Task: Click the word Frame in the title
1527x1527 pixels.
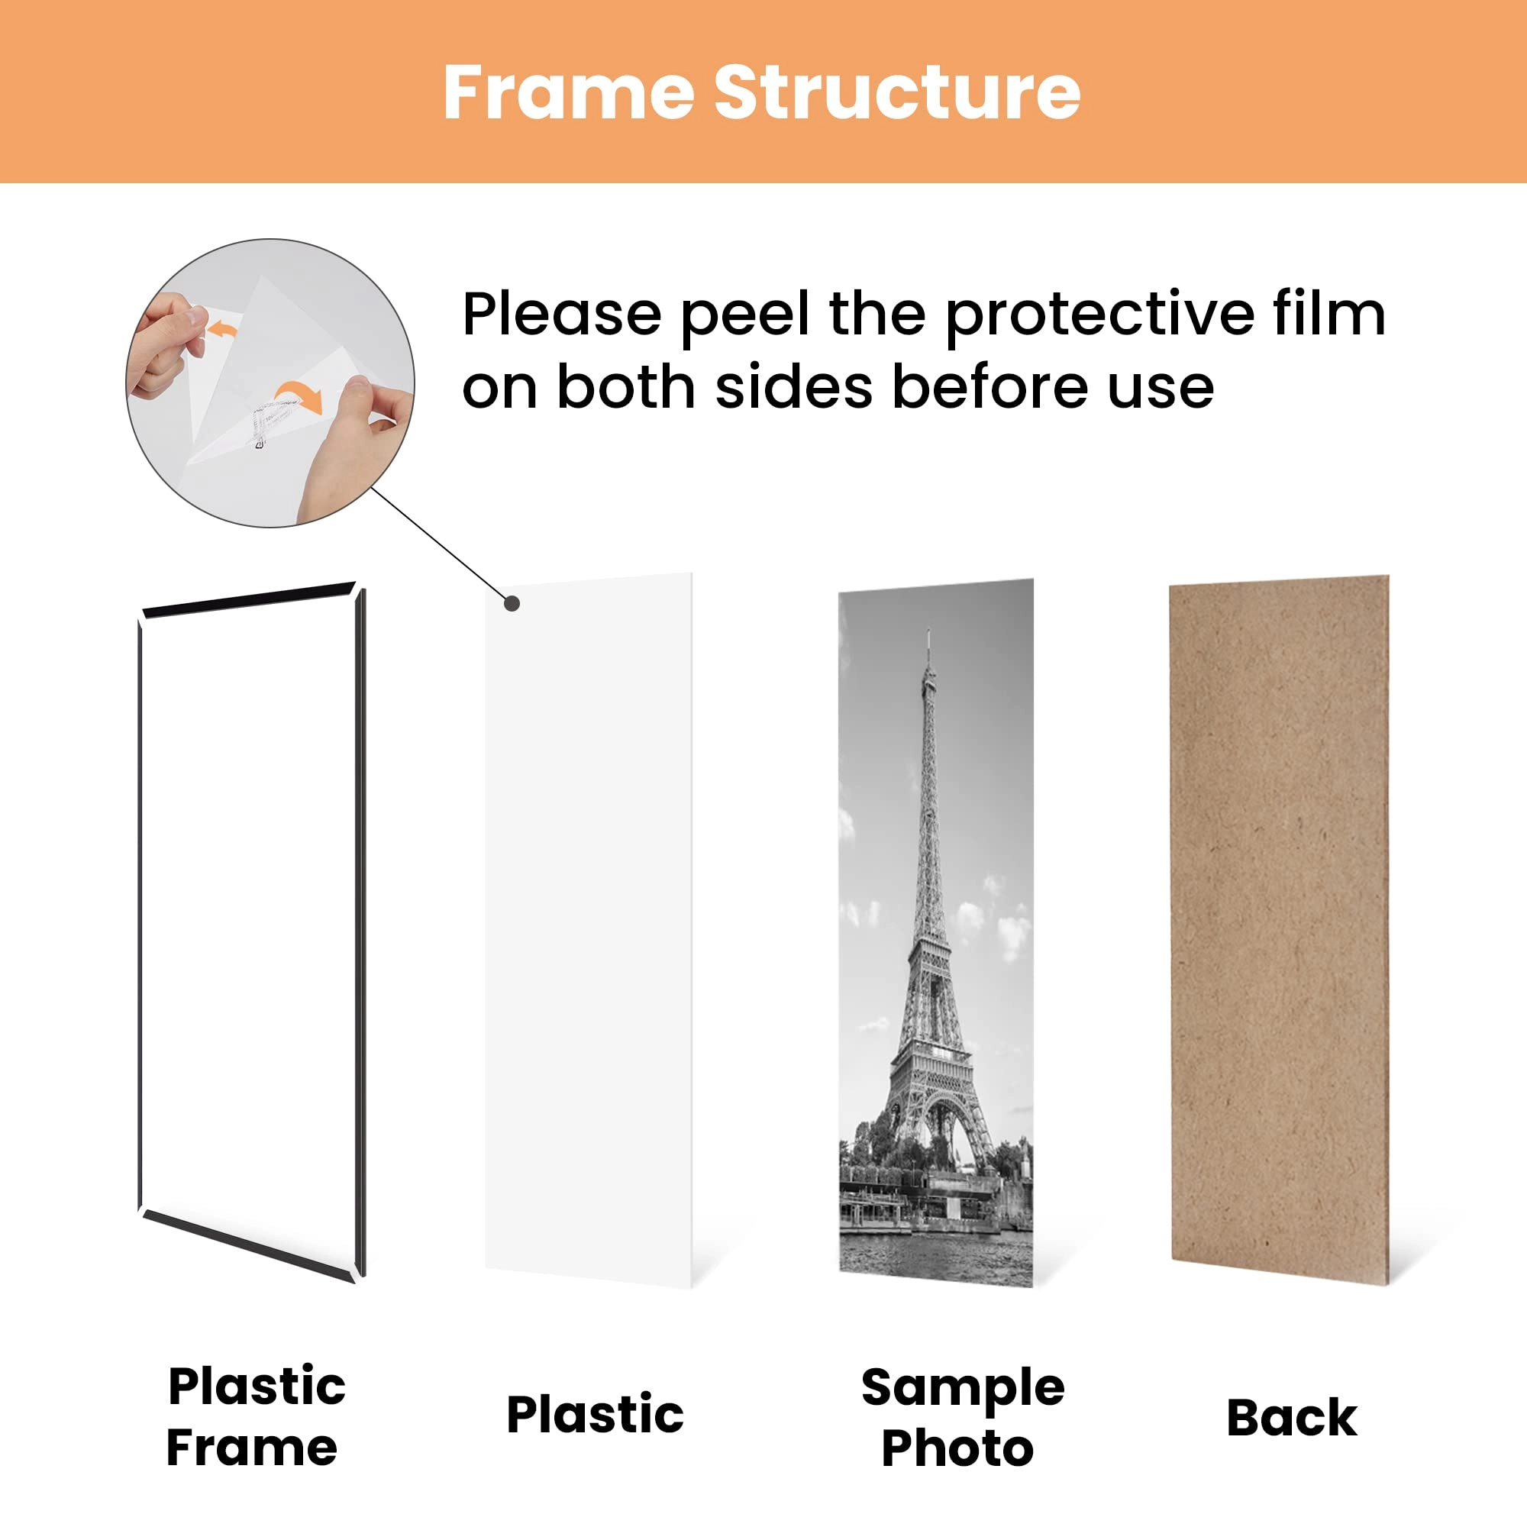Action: click(x=567, y=92)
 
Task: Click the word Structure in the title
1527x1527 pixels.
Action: click(x=896, y=92)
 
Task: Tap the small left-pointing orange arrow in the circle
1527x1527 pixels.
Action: click(x=223, y=328)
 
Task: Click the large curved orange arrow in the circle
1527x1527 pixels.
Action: click(x=299, y=395)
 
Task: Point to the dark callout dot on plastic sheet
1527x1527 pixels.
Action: click(x=512, y=604)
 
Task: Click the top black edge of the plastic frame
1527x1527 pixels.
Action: click(x=248, y=599)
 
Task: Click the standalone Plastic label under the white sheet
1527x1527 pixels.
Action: click(x=594, y=1414)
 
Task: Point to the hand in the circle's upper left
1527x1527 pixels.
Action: click(x=162, y=344)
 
